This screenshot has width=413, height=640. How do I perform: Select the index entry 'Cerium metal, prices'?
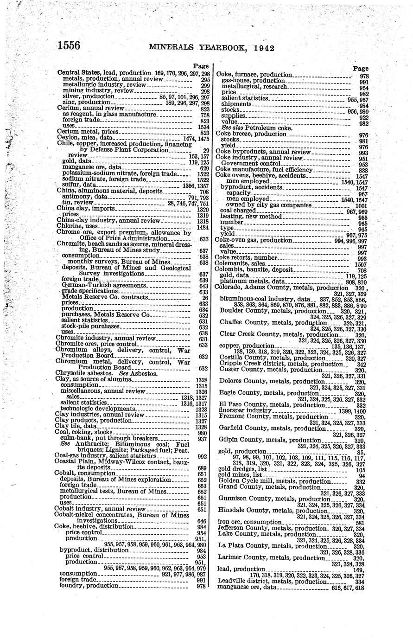[x=88, y=132]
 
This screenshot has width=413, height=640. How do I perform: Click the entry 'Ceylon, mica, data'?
[x=85, y=138]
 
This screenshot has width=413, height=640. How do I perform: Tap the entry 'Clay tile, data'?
[x=76, y=426]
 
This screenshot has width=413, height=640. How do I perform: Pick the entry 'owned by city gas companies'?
[x=269, y=205]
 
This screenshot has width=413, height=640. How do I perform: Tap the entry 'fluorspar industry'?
[x=245, y=410]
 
